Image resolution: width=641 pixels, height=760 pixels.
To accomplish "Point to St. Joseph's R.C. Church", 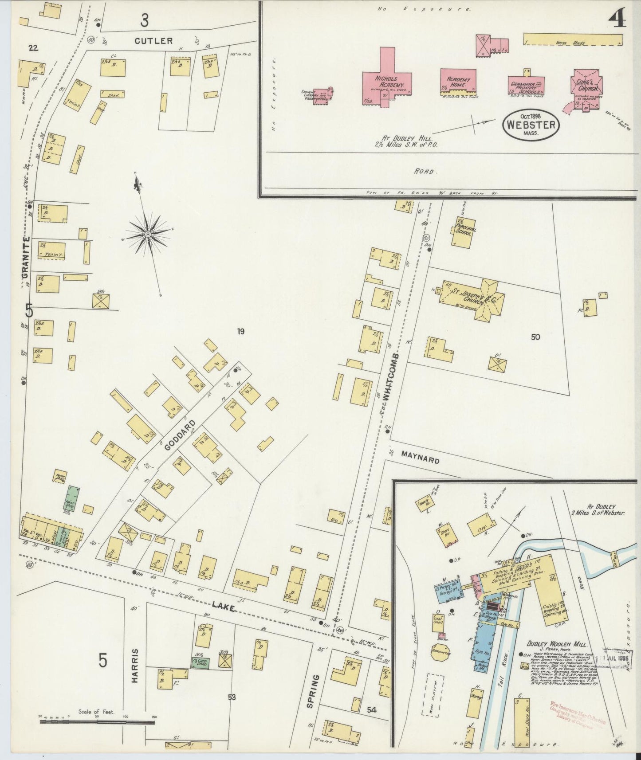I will (x=472, y=296).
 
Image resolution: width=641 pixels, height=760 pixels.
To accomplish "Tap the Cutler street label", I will (x=153, y=41).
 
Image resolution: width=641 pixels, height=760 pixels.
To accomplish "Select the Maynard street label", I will (x=421, y=457).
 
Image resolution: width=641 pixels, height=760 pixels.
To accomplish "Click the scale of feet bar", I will (x=97, y=722).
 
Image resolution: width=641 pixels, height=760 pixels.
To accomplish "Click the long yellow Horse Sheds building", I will (x=572, y=39).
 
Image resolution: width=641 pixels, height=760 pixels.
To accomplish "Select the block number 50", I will (x=535, y=337).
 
